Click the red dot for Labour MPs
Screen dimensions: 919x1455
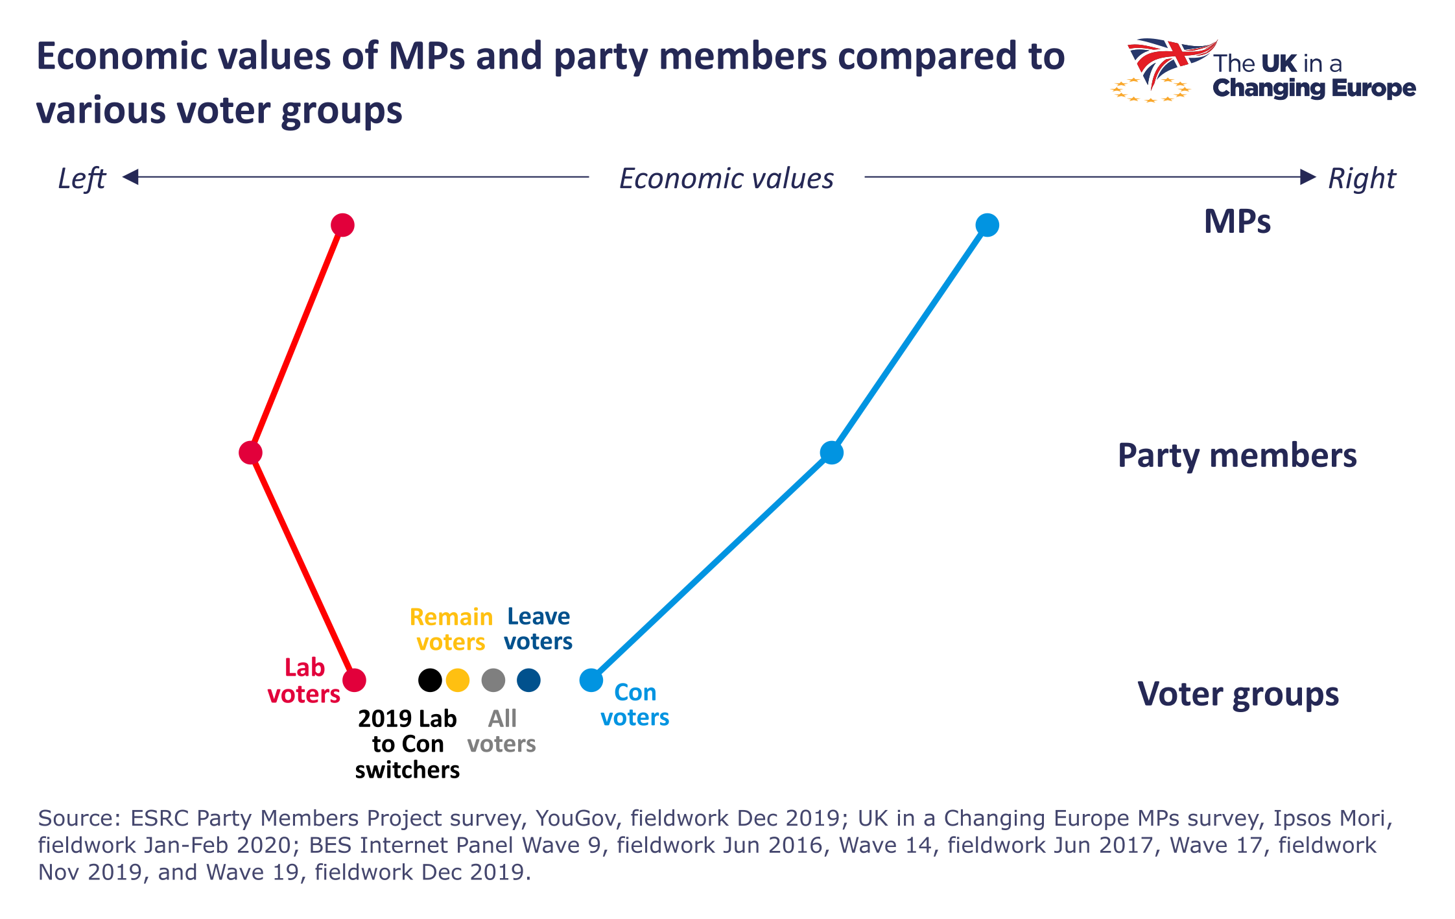(342, 225)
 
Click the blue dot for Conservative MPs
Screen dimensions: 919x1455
(987, 225)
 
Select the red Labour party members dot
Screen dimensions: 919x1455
(250, 452)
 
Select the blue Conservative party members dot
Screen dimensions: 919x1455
(831, 452)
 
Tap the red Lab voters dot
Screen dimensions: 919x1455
(354, 680)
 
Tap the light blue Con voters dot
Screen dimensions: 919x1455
(591, 680)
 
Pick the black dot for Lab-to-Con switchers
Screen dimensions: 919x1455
(430, 680)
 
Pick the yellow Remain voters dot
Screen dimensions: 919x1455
(458, 680)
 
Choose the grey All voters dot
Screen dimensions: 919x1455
(493, 680)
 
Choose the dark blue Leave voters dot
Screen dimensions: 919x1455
(528, 680)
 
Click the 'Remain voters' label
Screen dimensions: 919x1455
(451, 629)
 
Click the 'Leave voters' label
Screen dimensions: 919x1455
(538, 628)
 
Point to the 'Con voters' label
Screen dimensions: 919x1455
(635, 705)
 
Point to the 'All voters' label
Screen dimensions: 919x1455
(502, 731)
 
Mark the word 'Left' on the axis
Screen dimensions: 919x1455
(82, 178)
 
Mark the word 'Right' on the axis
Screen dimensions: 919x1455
(1362, 178)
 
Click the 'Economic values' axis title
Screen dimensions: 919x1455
(726, 178)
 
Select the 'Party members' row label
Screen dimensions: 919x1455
(1237, 455)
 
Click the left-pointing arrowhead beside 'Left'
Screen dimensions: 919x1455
(130, 176)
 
